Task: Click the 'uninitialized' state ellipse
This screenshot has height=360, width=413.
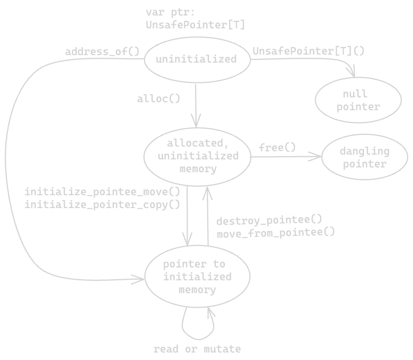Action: (197, 59)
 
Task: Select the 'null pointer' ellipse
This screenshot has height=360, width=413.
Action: (358, 101)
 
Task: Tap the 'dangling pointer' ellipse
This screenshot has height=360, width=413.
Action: (364, 157)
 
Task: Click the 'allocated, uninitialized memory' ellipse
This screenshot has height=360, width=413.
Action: (197, 156)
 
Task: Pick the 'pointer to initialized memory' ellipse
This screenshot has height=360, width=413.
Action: (197, 277)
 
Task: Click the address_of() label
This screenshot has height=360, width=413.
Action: (102, 51)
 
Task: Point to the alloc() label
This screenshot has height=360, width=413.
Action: (159, 98)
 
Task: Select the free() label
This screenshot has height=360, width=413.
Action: (277, 147)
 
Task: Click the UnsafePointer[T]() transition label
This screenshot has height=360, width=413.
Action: (308, 51)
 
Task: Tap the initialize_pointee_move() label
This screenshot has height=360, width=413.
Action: (102, 192)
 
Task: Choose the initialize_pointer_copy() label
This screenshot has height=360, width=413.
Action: (102, 204)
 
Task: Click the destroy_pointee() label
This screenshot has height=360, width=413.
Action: (269, 219)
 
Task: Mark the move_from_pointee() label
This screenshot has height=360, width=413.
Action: (276, 232)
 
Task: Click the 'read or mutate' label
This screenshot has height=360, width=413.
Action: (197, 349)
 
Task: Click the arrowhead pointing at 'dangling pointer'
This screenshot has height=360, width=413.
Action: (318, 157)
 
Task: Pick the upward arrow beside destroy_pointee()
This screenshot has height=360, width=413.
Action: (207, 214)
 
